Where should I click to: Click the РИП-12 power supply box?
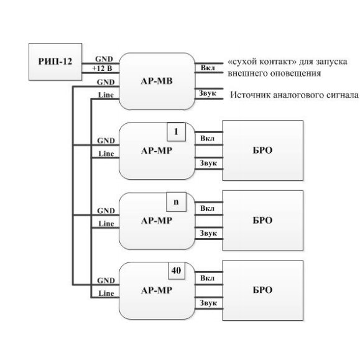55,62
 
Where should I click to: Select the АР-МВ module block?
157,81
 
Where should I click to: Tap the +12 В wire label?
102,68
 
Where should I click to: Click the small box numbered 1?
176,132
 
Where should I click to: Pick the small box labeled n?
176,202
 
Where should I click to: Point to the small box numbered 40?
177,270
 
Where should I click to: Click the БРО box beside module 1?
262,150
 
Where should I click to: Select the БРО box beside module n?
262,220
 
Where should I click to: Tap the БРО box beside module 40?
262,290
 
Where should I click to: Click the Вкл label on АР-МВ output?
208,68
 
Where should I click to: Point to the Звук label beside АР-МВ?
208,93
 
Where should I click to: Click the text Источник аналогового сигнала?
294,95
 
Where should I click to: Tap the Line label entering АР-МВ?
106,95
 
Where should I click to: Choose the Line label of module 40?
106,293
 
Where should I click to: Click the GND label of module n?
106,211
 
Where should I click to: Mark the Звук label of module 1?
208,164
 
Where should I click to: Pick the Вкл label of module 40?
207,278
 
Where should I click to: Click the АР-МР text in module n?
157,221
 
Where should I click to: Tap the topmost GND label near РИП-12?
104,59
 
